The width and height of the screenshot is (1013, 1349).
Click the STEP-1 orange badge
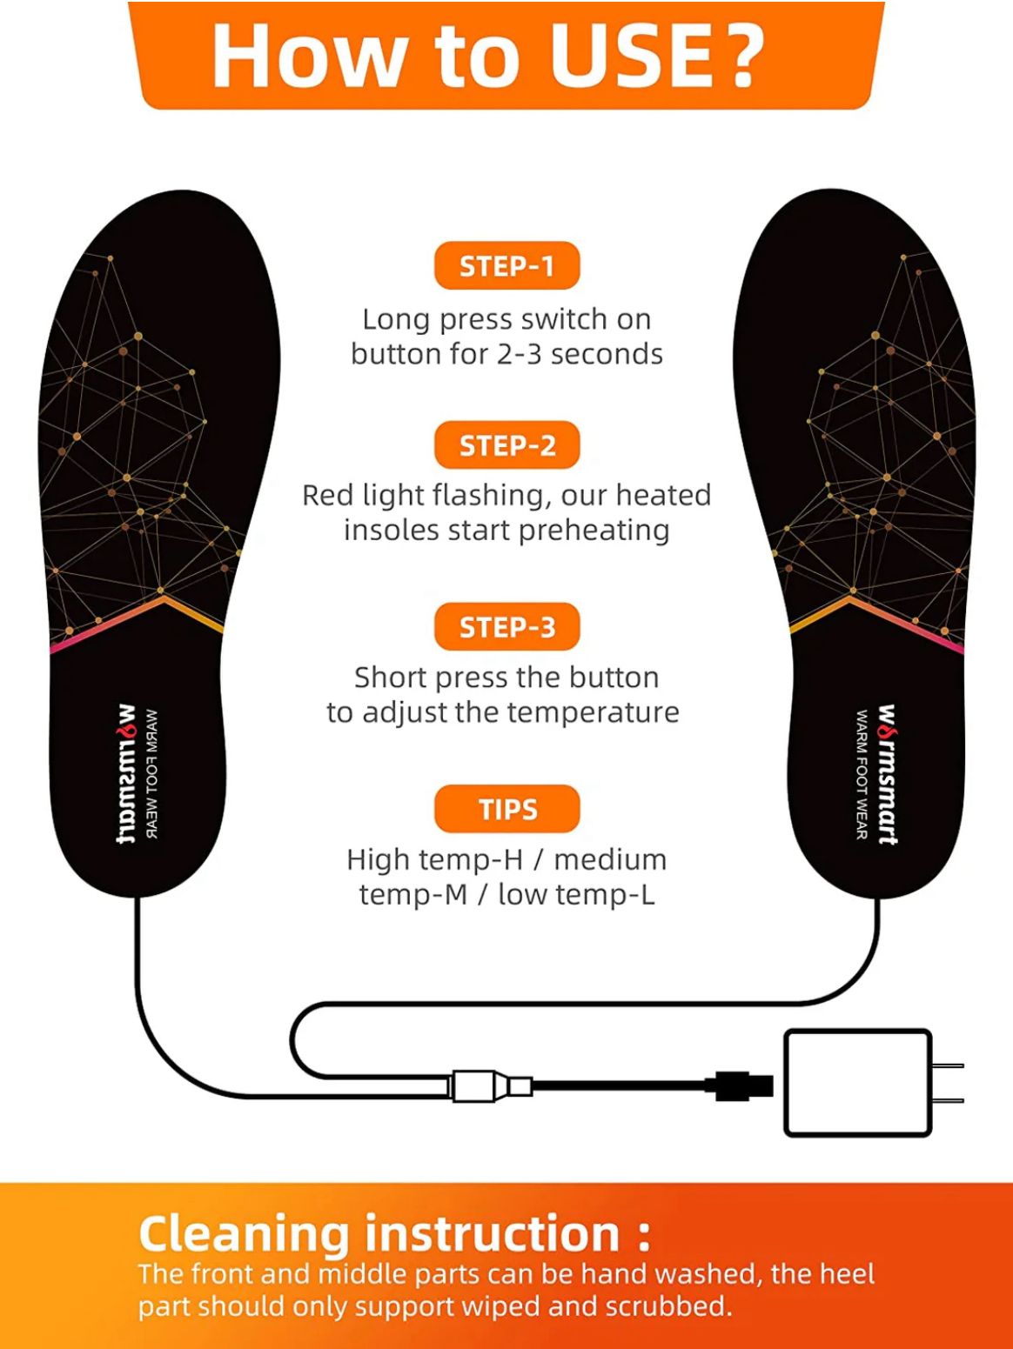(506, 266)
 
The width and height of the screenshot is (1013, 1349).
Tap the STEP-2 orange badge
(506, 445)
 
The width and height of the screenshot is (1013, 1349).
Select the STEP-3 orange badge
(506, 626)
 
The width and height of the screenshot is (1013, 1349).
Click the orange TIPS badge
(506, 809)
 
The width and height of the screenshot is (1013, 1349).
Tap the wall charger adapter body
(857, 1083)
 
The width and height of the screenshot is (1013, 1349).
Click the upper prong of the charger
(949, 1065)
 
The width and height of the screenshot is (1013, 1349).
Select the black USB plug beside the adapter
(744, 1085)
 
